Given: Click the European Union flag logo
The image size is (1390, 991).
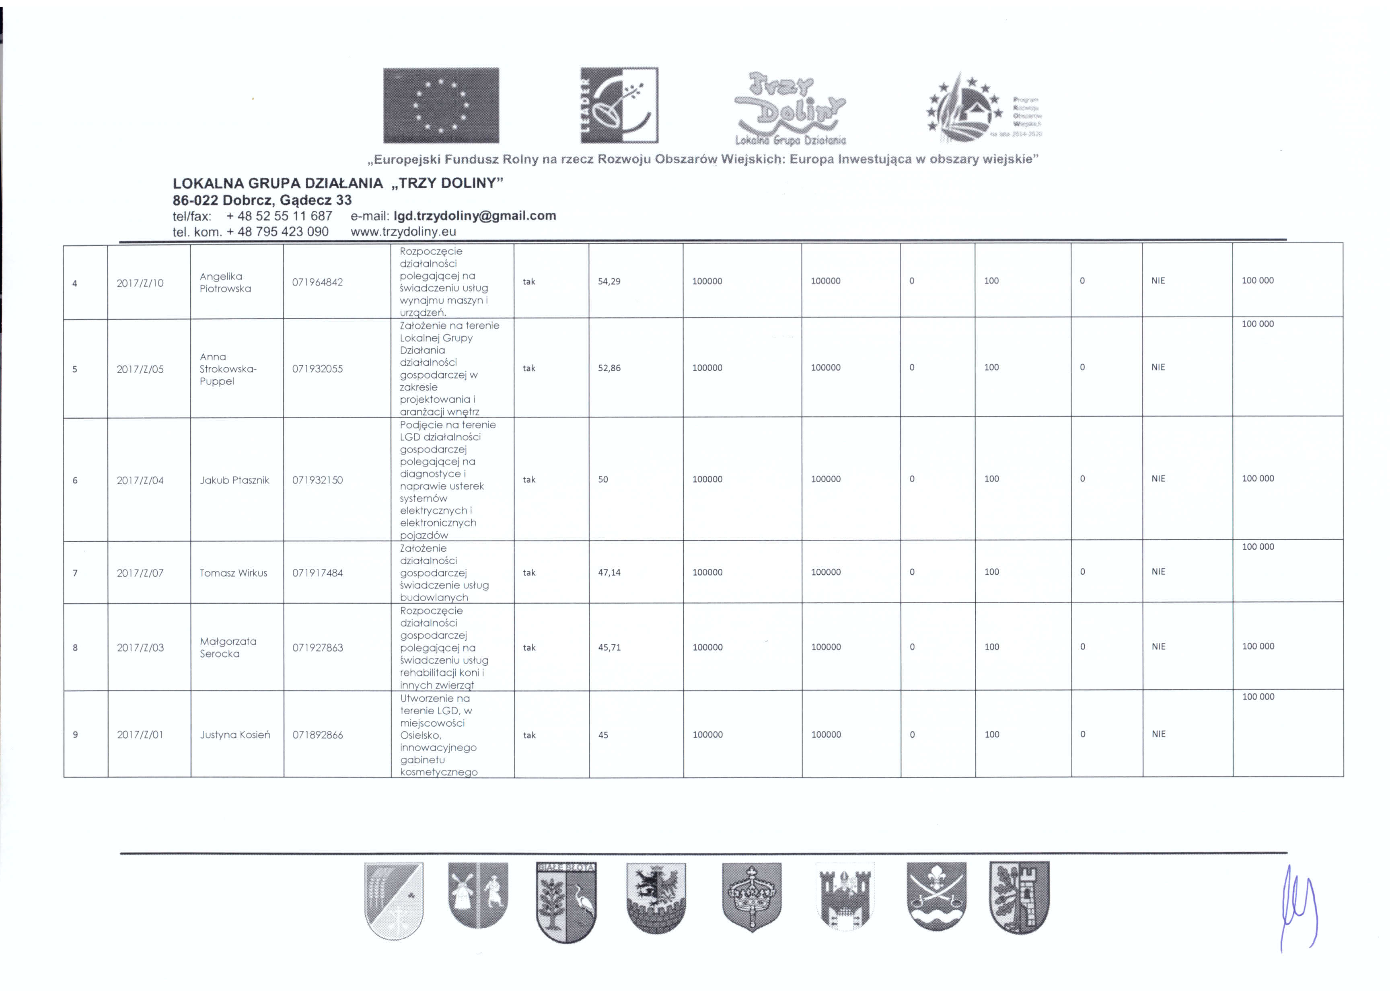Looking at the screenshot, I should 440,105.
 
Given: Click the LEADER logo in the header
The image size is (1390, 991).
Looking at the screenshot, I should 619,105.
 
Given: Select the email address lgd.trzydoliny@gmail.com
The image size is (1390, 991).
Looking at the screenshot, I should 475,216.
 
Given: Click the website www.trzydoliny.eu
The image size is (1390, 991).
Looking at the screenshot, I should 403,231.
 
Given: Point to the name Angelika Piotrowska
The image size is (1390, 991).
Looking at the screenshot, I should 225,282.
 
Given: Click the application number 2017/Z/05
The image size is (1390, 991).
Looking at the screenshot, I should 140,368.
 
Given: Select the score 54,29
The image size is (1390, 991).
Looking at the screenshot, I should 609,281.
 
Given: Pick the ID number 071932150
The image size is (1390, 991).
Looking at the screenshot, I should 317,480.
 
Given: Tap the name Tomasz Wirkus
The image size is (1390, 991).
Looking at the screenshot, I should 233,572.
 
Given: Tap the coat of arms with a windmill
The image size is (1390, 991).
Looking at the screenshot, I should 478,895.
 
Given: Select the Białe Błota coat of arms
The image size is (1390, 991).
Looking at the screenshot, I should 566,902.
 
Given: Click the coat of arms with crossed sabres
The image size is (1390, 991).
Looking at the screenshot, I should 936,896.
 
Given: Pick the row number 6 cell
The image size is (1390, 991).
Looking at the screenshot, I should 75,480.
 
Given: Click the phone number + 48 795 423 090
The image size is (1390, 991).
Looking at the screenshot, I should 277,231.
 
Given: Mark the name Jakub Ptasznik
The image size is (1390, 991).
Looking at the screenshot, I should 234,480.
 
